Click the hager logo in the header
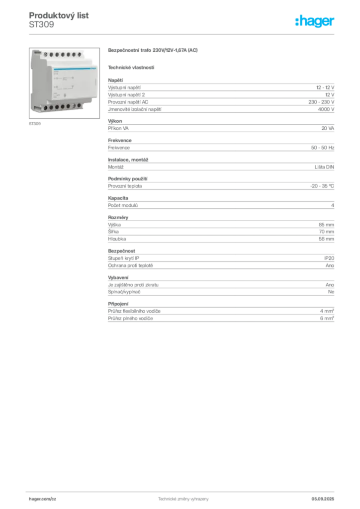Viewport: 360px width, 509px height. point(315,21)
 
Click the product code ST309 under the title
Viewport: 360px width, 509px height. point(42,25)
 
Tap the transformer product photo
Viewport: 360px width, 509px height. point(64,83)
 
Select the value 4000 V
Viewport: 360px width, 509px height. point(326,109)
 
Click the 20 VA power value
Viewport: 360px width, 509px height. point(328,128)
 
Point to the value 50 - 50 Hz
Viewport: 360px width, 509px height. point(322,148)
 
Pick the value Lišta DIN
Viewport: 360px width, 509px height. point(324,167)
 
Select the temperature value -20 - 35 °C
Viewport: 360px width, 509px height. point(322,186)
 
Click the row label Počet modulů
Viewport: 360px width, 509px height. point(123,205)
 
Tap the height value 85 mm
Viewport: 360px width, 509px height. point(326,225)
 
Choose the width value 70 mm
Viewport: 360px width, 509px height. point(326,232)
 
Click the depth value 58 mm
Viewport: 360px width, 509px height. point(326,239)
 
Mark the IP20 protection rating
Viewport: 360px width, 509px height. point(329,258)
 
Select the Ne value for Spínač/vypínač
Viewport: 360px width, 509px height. point(331,292)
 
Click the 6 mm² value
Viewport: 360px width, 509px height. point(327,319)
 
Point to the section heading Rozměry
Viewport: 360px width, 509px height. point(118,218)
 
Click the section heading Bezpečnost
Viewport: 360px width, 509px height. point(121,251)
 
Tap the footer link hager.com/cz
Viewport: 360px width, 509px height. point(43,499)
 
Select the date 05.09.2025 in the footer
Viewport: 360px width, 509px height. point(323,499)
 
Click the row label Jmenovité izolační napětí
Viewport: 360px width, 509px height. point(135,109)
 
